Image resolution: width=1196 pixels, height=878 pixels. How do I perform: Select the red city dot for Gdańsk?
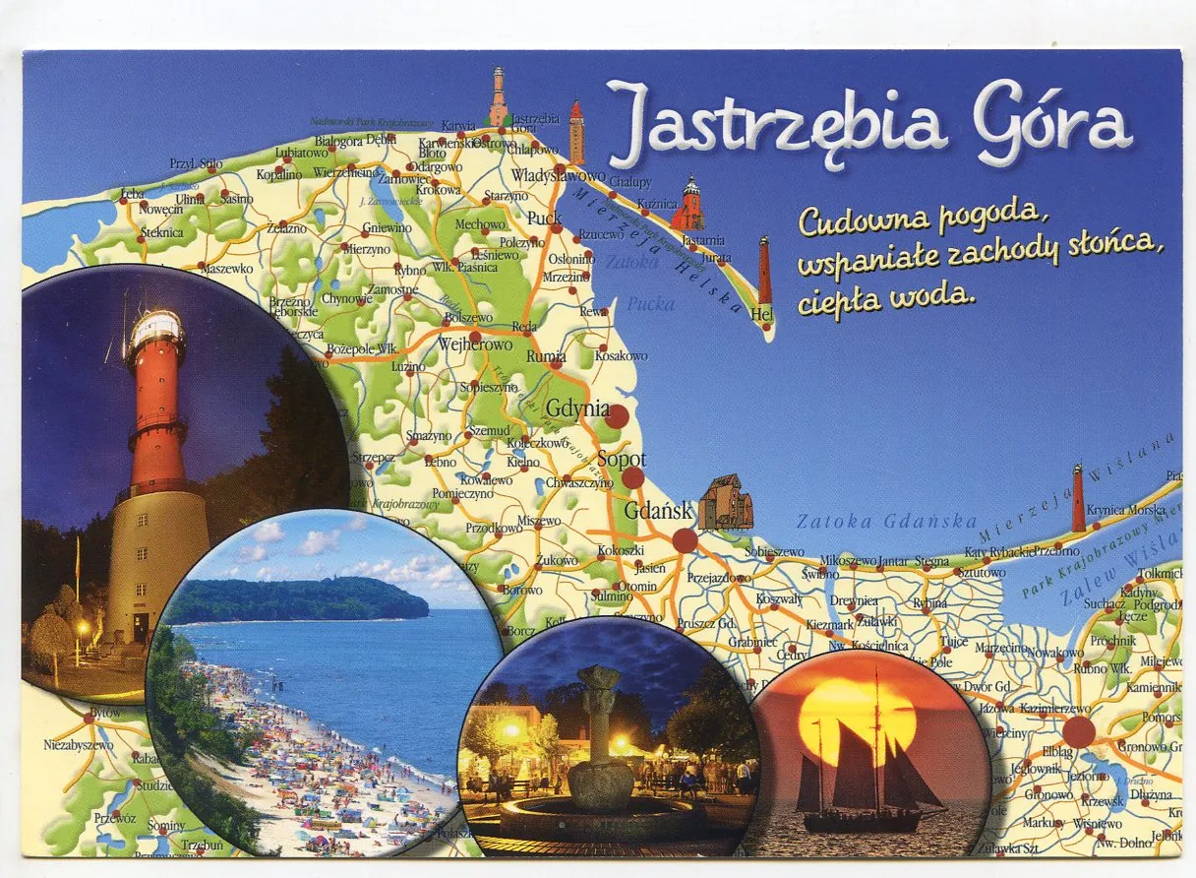point(685,540)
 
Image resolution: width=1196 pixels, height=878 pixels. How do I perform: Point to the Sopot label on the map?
point(622,460)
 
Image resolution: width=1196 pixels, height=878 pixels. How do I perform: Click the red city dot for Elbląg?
point(1078,731)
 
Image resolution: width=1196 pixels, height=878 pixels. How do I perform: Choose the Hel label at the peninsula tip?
point(760,314)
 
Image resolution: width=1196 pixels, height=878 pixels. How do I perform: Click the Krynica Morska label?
point(1125,510)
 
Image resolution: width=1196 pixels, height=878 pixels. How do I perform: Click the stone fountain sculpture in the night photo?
point(600,738)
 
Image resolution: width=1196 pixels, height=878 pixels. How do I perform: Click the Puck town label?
point(544,219)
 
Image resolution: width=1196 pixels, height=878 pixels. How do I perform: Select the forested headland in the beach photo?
point(295,598)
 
